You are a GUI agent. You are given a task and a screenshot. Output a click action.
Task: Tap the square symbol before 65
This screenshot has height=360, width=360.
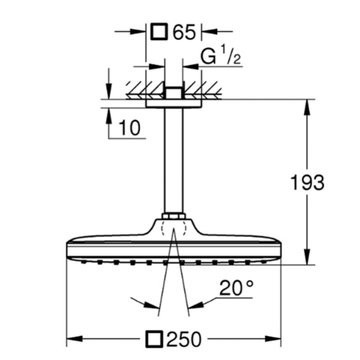(x=159, y=32)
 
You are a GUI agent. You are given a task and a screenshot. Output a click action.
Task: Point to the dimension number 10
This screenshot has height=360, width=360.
(x=129, y=129)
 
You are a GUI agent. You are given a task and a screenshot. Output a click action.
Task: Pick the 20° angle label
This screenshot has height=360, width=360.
(x=237, y=287)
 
